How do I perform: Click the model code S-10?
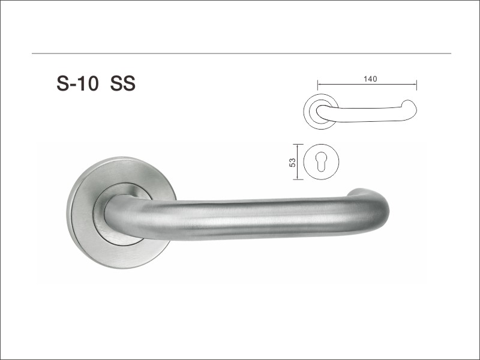point(77,83)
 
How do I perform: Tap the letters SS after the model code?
point(123,83)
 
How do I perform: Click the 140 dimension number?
point(370,79)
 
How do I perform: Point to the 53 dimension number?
point(293,162)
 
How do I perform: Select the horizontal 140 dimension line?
point(367,84)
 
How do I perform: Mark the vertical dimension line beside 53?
point(298,161)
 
